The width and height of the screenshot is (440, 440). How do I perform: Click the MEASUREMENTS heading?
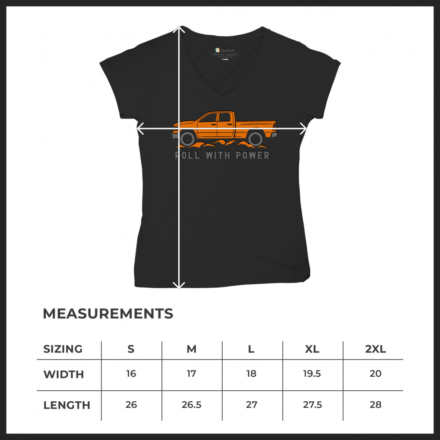coord(108,314)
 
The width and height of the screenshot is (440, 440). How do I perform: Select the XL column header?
coord(312,349)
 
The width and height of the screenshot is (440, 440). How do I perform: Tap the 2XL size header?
coord(375,349)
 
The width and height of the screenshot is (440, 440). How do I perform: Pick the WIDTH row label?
coord(63,374)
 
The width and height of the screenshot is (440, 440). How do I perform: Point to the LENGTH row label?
coord(66,405)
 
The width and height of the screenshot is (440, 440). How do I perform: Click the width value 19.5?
coord(312,374)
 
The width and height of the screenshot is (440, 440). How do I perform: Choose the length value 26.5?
coord(191,405)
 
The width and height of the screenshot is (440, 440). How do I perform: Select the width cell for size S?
coord(131,374)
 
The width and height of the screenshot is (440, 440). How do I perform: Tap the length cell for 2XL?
coord(375,405)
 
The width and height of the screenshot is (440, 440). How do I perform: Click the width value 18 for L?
coord(251,374)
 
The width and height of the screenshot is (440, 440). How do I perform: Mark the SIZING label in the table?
coord(63,349)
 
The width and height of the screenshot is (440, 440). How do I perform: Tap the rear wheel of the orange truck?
coord(255,139)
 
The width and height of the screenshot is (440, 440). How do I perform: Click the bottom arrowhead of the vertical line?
coord(179,286)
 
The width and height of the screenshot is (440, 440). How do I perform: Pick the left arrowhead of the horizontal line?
coord(140,128)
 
